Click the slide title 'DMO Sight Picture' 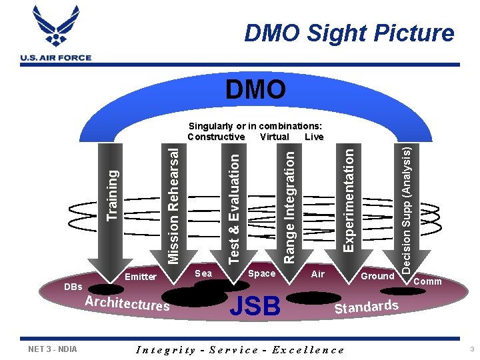[x=349, y=33]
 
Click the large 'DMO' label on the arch [x=255, y=89]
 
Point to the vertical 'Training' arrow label [x=113, y=193]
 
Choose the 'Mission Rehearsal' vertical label [x=173, y=199]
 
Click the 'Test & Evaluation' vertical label [x=234, y=207]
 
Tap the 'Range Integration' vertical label [x=289, y=206]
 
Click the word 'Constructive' [x=216, y=137]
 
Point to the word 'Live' [x=314, y=137]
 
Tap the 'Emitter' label [x=141, y=277]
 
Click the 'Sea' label [x=203, y=273]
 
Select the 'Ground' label [x=377, y=275]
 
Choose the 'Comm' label [x=428, y=281]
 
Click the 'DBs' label [x=73, y=287]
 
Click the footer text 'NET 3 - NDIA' [x=53, y=349]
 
